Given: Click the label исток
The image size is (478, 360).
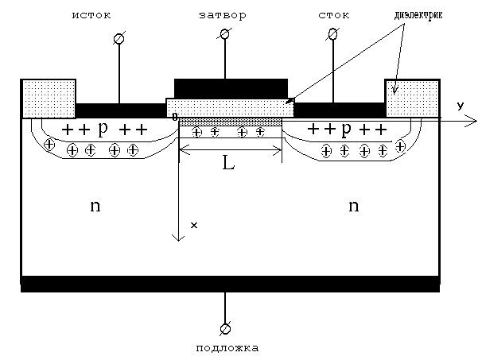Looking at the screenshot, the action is pos(91,15).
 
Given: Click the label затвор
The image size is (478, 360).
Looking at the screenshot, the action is pos(223,15).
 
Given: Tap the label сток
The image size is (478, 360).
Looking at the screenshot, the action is pos(334,15).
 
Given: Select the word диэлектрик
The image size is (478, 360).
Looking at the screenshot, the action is pos(418,14).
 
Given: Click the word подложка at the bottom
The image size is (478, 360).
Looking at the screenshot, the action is pos(227,348).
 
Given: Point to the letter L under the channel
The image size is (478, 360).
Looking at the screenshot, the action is pos(228,164).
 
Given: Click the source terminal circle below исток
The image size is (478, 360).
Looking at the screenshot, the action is pos(119,38).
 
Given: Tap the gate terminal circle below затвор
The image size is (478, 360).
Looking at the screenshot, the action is pos(225,34).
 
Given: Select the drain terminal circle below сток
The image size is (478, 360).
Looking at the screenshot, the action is pos(333,33).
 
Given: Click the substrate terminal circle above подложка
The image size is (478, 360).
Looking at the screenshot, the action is pos(225,328).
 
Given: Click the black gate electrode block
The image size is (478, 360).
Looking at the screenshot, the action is pos(231,88).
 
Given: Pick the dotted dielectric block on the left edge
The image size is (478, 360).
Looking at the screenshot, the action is pos(49,99).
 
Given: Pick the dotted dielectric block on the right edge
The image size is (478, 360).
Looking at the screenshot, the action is pos(412,98).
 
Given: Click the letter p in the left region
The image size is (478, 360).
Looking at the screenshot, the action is pos(103,129).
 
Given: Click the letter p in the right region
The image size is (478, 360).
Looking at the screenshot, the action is pos(346,129).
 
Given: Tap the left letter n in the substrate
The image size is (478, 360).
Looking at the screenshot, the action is pos(95,206).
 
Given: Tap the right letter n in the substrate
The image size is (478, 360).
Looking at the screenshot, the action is pos(354,206).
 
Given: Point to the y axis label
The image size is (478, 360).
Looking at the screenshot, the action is pos(460,106).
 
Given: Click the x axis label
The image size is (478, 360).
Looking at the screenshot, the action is pos(194,225).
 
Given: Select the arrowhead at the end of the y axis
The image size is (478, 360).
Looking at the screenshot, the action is pos(474,122).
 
